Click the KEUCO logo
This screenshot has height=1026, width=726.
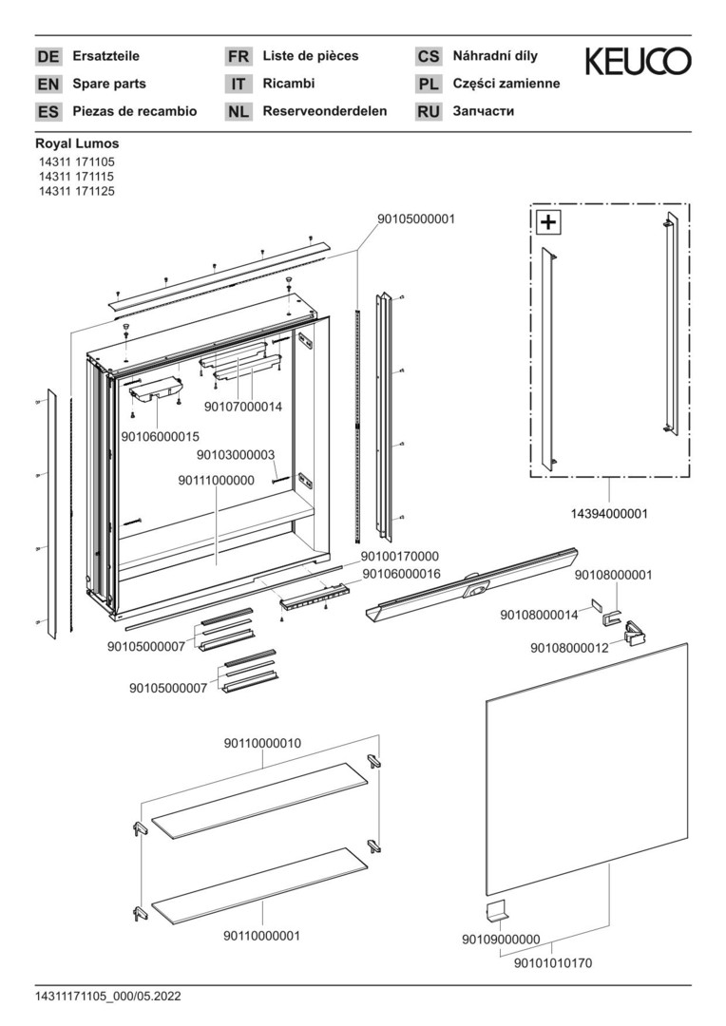638,63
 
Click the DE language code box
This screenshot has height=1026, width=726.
48,57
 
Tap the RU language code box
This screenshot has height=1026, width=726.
429,112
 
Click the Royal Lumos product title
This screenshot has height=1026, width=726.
77,143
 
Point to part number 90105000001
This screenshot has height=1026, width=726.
416,218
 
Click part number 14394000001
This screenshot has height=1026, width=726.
608,513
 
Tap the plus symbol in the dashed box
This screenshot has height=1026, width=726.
549,223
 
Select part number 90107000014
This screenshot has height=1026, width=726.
243,407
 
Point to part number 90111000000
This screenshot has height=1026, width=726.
216,481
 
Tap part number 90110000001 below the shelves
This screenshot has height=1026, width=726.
261,936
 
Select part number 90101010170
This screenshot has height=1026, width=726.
552,962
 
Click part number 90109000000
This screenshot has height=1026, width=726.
501,940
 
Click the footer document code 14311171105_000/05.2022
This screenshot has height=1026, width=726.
108,997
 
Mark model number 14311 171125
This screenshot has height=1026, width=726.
76,190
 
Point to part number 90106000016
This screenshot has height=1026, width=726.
400,574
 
